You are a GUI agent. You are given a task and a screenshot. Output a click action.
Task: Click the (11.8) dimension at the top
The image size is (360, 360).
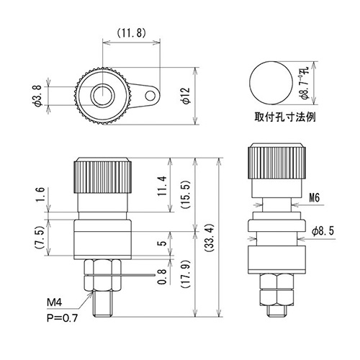131,33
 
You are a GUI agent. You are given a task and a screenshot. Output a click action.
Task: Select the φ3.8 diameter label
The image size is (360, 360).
38,96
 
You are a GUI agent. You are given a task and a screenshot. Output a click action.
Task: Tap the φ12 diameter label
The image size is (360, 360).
186,96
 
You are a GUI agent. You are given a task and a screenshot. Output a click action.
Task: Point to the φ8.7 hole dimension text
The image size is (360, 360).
305,84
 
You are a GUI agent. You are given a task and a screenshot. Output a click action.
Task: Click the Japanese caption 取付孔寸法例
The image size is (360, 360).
285,117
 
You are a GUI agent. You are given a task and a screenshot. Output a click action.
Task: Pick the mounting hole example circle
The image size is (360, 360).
271,83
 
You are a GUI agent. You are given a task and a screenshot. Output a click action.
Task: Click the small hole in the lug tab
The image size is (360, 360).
150,96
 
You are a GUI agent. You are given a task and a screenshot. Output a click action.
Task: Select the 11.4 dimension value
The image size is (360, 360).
162,186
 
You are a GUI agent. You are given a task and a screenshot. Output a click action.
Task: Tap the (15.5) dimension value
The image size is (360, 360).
186,195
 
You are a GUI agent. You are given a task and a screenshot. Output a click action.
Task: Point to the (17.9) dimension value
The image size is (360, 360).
186,274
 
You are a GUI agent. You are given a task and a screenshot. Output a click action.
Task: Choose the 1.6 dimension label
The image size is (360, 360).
41,195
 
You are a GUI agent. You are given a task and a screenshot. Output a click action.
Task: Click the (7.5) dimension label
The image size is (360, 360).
41,238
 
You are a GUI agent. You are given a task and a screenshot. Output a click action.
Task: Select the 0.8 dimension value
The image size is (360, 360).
163,276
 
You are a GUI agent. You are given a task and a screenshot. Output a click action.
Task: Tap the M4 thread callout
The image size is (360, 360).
54,302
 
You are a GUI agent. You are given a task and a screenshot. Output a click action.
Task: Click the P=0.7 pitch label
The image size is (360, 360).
62,318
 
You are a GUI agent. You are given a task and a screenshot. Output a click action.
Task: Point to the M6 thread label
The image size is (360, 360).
314,198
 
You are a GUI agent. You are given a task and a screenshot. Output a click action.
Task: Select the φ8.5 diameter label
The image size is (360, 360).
323,231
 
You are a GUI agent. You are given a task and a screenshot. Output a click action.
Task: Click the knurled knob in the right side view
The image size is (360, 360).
277,161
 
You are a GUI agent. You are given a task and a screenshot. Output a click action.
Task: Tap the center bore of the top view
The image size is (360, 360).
102,96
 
